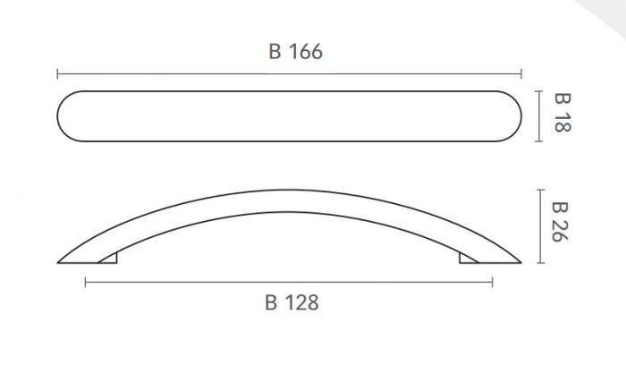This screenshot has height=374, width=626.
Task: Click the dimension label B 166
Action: click(295, 52)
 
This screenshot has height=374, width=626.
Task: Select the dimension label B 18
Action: click(563, 113)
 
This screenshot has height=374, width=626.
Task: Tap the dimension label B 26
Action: click(559, 222)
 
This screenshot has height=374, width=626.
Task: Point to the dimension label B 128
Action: click(292, 302)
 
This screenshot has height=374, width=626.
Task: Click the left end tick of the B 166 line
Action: click(57, 74)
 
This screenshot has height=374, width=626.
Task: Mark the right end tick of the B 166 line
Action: click(521, 74)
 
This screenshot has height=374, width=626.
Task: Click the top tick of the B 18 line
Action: click(539, 91)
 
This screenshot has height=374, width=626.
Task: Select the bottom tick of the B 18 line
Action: click(539, 141)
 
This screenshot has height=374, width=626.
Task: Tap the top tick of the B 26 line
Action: click(541, 190)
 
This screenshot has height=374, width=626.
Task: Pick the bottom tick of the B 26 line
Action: click(541, 263)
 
